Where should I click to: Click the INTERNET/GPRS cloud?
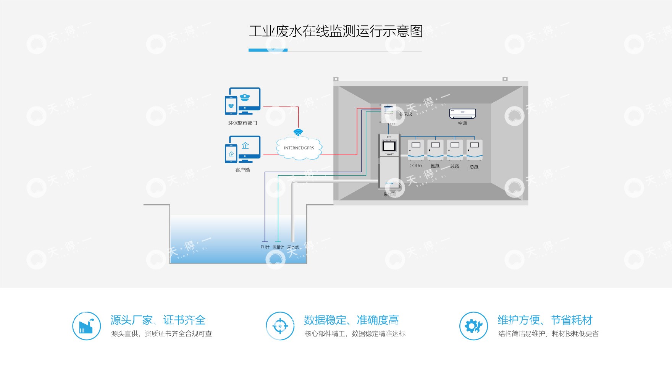[299, 148]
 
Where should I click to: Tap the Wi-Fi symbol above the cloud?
[298, 132]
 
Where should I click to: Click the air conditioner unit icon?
[462, 113]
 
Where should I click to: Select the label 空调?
[462, 123]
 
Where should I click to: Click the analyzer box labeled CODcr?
[416, 150]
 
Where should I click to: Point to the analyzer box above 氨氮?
[435, 150]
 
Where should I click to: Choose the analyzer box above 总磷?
[455, 150]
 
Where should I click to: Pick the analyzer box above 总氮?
[474, 150]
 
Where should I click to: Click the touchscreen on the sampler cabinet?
[389, 146]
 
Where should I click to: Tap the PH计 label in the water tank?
[265, 247]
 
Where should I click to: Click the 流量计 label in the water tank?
[278, 247]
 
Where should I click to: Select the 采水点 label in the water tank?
[293, 247]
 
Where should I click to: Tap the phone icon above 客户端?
[231, 154]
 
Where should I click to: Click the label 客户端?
[242, 170]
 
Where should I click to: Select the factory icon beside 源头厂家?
[87, 326]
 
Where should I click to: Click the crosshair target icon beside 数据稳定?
[280, 326]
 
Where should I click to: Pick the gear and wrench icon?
[473, 326]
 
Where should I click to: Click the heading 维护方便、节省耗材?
[545, 320]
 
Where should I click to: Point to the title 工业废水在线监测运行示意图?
[336, 31]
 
